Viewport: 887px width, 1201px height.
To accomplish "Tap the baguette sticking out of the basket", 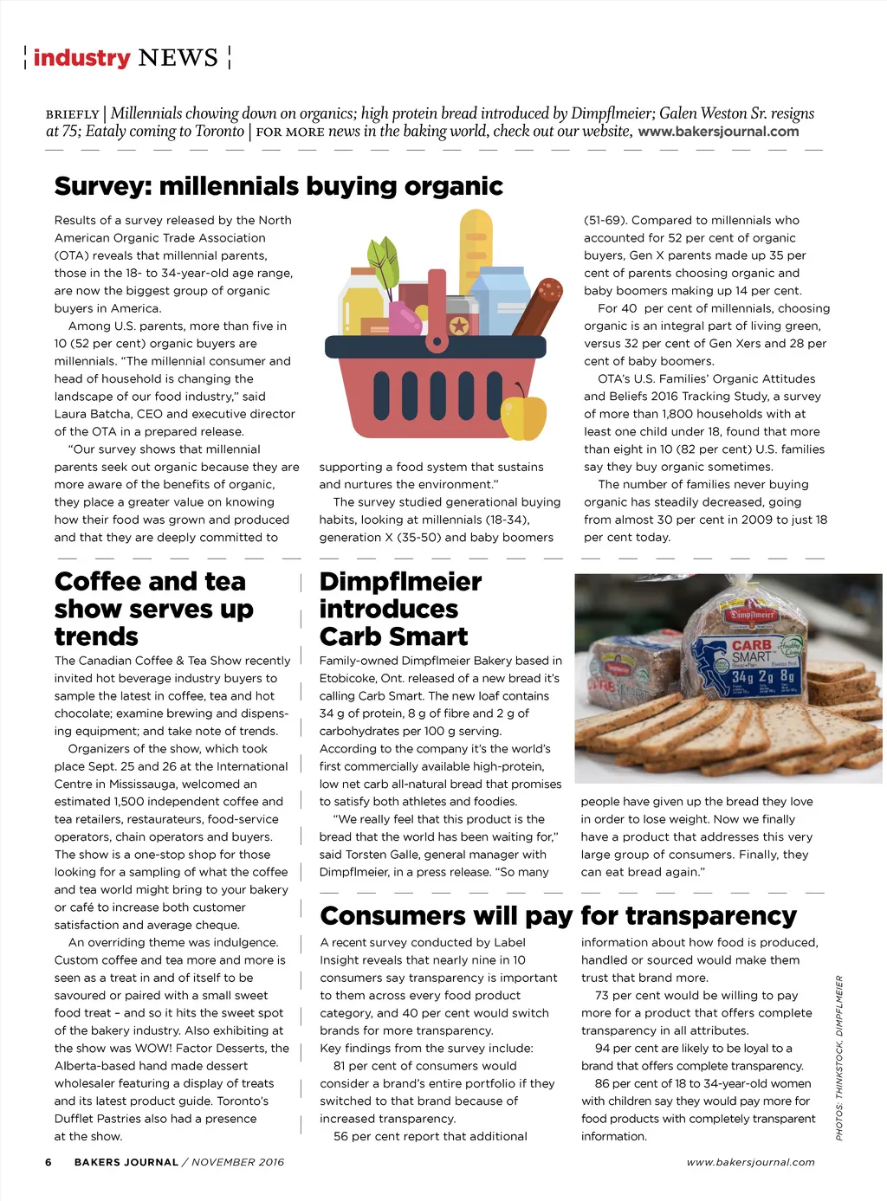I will pos(476,251).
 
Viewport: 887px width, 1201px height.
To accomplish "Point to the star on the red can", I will pos(459,325).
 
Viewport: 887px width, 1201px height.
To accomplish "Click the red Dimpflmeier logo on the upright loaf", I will pos(751,614).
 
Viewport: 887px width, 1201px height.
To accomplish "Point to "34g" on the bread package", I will pos(742,676).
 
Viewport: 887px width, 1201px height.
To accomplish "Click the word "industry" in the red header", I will pos(81,58).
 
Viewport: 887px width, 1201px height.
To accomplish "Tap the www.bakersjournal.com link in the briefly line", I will pos(718,132).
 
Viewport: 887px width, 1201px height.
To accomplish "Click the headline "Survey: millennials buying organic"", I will pos(278,186).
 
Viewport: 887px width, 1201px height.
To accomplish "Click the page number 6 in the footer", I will pos(49,1162).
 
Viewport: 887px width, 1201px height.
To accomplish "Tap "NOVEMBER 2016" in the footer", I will pos(238,1162).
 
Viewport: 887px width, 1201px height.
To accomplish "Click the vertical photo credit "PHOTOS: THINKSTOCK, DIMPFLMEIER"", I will pos(838,1057).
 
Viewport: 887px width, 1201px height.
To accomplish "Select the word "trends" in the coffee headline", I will pos(96,636).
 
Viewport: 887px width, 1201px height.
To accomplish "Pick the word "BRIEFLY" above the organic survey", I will pos(73,114).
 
